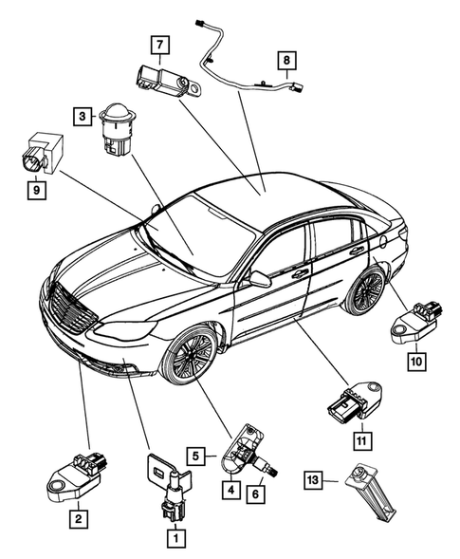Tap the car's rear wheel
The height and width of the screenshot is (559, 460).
[x=364, y=290]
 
